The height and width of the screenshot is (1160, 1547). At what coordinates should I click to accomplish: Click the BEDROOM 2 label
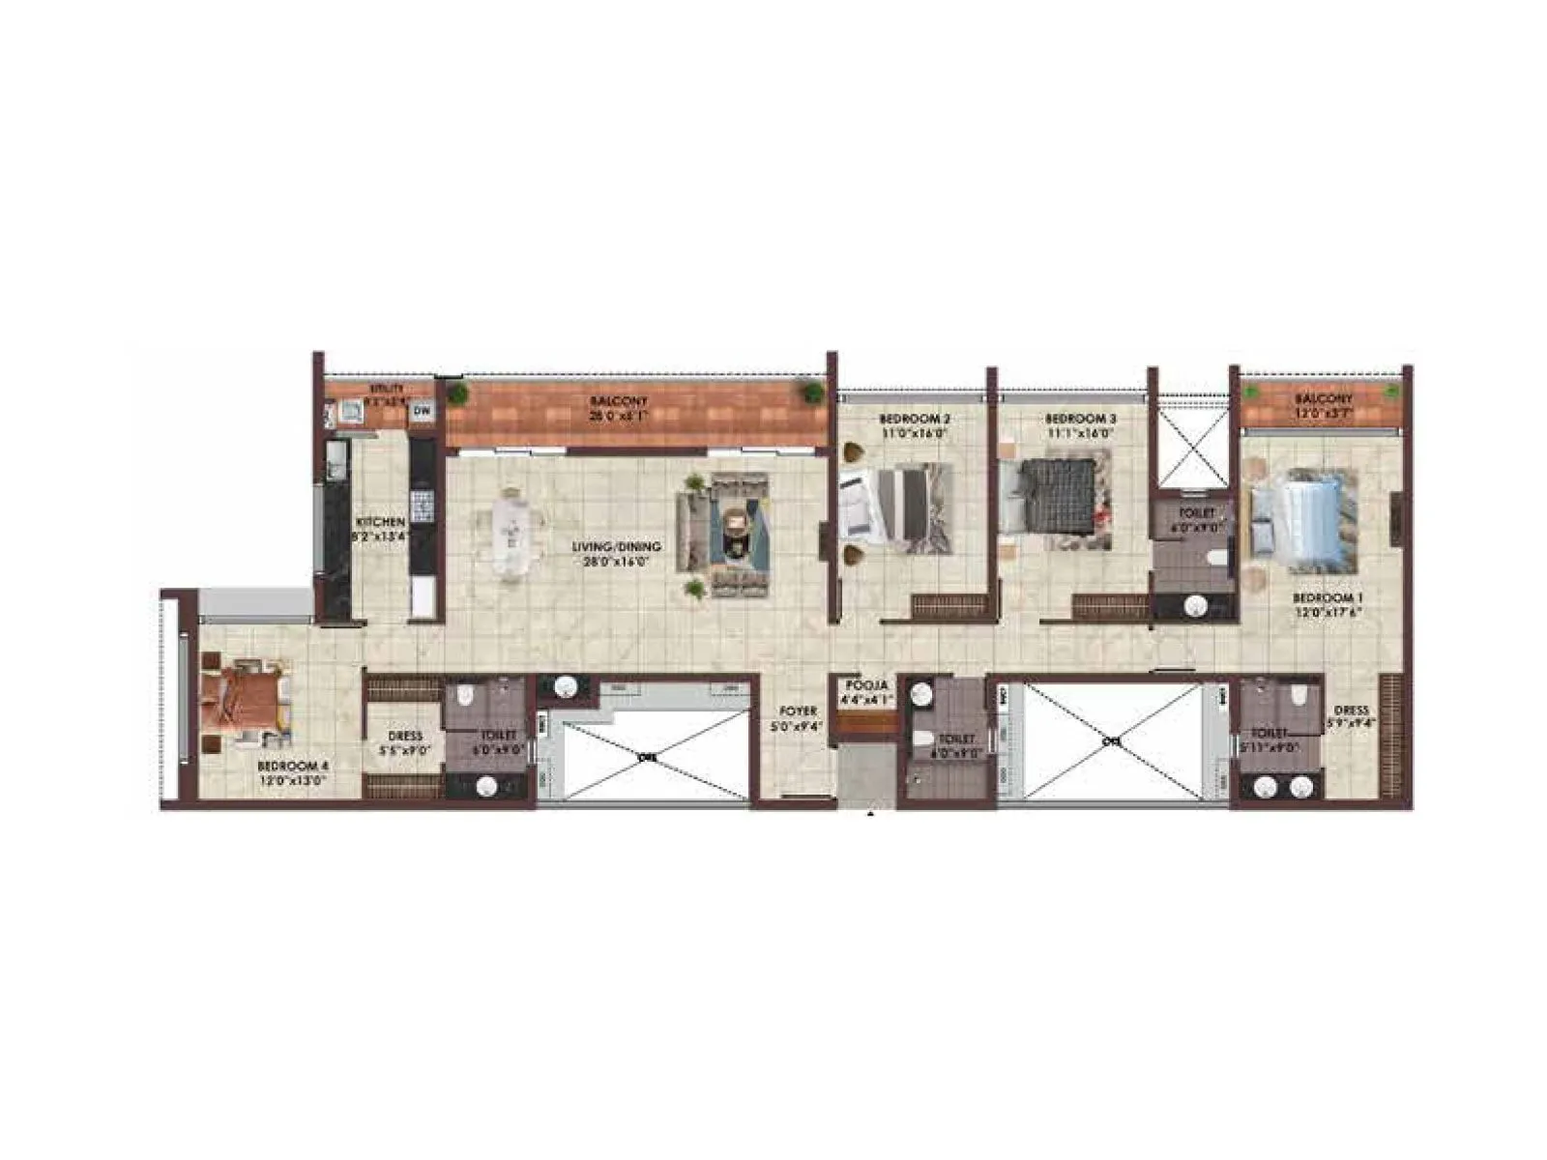[x=914, y=420]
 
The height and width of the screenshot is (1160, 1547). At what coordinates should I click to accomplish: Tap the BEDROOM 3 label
[x=1080, y=420]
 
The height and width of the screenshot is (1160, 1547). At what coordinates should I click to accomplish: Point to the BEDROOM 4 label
[x=293, y=766]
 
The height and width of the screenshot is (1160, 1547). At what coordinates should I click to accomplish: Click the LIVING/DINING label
[x=616, y=547]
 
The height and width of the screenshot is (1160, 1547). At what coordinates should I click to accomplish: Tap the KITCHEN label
[x=380, y=522]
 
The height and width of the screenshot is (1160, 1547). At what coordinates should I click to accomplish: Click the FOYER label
[x=799, y=711]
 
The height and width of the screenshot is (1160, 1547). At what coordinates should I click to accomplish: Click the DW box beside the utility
[x=422, y=412]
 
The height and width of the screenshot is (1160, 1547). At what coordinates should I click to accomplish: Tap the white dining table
[x=510, y=535]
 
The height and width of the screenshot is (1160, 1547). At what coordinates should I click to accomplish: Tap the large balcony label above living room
[x=619, y=401]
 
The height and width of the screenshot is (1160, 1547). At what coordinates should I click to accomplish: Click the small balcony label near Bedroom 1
[x=1324, y=398]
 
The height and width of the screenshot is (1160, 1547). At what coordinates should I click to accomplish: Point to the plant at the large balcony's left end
[x=457, y=393]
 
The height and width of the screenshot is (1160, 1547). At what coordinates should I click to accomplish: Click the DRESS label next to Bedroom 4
[x=404, y=736]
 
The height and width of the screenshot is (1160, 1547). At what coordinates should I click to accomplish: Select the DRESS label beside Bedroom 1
[x=1351, y=710]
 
